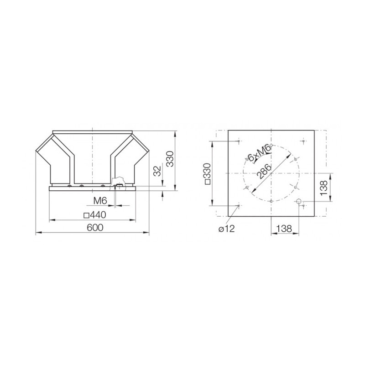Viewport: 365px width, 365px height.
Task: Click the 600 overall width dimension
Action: [x=94, y=228]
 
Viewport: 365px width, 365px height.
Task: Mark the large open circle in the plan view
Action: [x=298, y=201]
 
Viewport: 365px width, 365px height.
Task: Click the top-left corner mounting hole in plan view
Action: [x=239, y=141]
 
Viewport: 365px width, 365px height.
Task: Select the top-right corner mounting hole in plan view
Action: [x=303, y=141]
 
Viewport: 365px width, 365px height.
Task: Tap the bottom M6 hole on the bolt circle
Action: [x=271, y=201]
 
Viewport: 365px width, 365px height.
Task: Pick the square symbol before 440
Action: [x=86, y=215]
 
